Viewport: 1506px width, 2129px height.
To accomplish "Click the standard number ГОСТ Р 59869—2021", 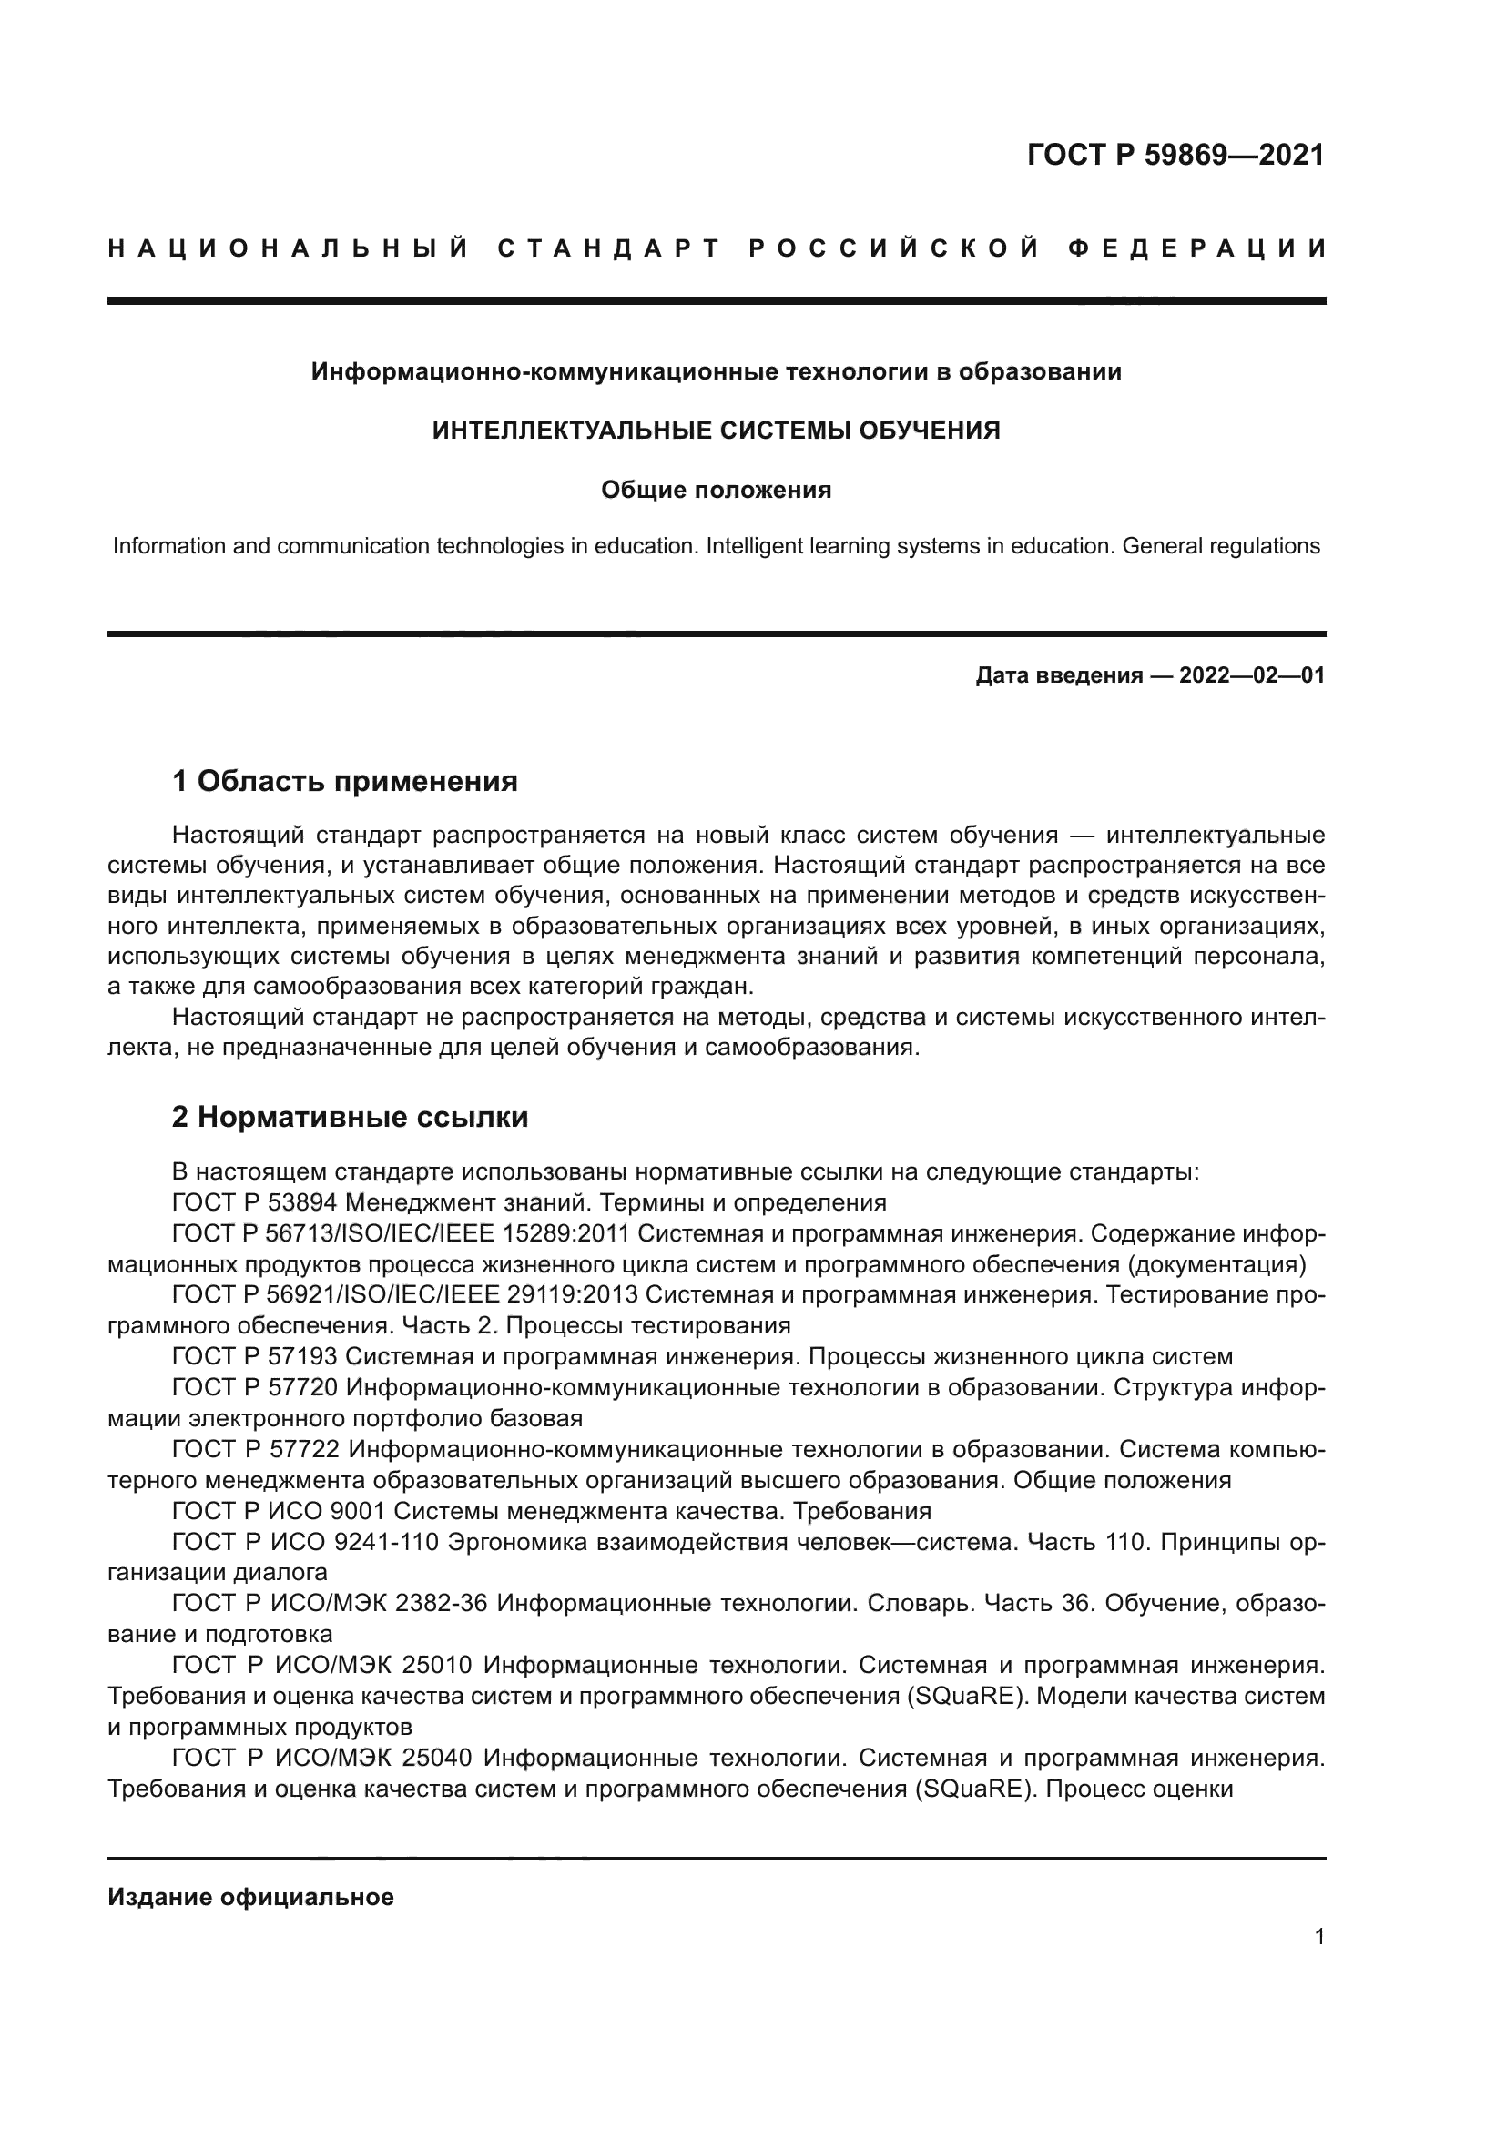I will coord(1175,155).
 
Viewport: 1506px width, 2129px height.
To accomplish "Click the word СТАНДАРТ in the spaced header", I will coord(609,248).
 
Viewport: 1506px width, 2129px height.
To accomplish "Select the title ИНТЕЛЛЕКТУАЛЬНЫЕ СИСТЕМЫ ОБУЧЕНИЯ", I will coord(716,431).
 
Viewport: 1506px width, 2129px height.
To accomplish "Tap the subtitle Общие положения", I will coord(716,490).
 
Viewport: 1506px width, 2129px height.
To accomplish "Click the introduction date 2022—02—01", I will coord(1251,675).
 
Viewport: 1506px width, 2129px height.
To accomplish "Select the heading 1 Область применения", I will coord(344,782).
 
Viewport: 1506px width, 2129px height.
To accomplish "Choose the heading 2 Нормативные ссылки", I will coord(350,1118).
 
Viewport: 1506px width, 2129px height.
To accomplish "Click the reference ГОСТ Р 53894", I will coord(254,1203).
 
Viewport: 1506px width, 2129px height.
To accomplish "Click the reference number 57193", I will coord(301,1357).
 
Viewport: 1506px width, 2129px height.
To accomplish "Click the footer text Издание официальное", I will coord(250,1897).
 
